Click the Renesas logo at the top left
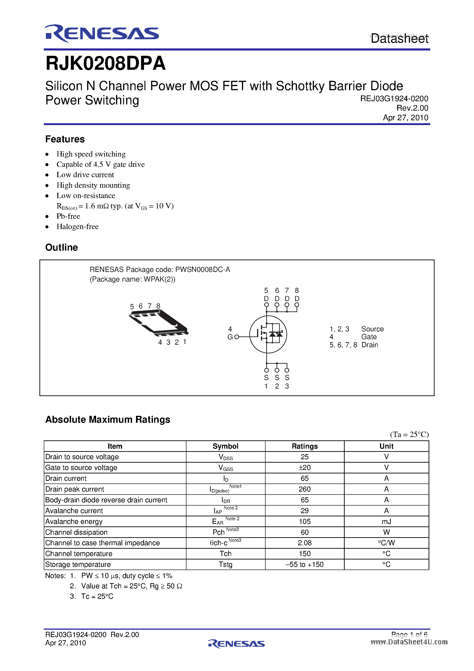click(102, 33)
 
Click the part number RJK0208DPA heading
click(105, 63)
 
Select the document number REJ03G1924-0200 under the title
click(394, 99)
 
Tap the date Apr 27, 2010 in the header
click(405, 118)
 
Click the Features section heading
click(65, 139)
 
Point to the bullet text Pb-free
click(68, 216)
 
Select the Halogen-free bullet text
click(77, 227)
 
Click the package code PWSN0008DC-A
click(202, 269)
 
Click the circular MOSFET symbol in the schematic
click(268, 334)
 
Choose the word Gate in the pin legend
click(369, 337)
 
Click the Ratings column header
click(304, 446)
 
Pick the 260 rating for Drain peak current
click(304, 489)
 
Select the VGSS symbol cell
click(225, 468)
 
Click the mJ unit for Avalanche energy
click(386, 522)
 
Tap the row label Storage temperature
click(78, 565)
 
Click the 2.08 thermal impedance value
click(304, 543)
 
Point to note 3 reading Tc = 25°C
click(97, 596)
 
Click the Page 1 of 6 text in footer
click(409, 635)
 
